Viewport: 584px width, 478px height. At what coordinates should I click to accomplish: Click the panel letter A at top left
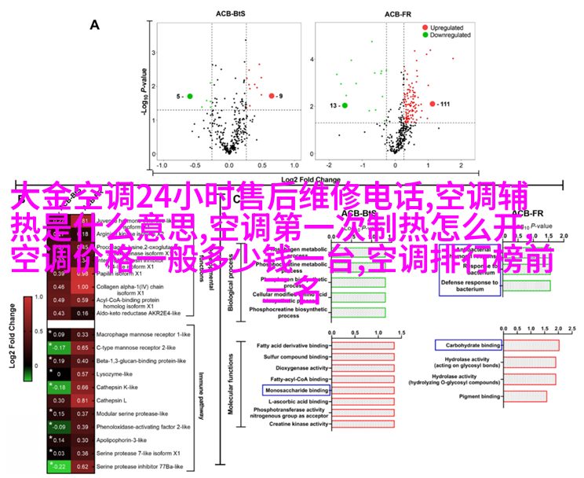(x=95, y=25)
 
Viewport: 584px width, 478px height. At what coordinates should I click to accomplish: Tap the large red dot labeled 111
(x=433, y=104)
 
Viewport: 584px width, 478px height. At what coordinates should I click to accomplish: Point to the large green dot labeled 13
(x=345, y=105)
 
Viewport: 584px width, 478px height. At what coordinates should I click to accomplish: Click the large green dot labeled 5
(x=189, y=96)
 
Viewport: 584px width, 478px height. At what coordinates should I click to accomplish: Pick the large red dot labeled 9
(x=272, y=96)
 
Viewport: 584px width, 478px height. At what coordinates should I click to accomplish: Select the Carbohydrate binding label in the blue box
(x=469, y=345)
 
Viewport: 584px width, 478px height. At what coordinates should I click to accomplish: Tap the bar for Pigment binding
(x=528, y=397)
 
